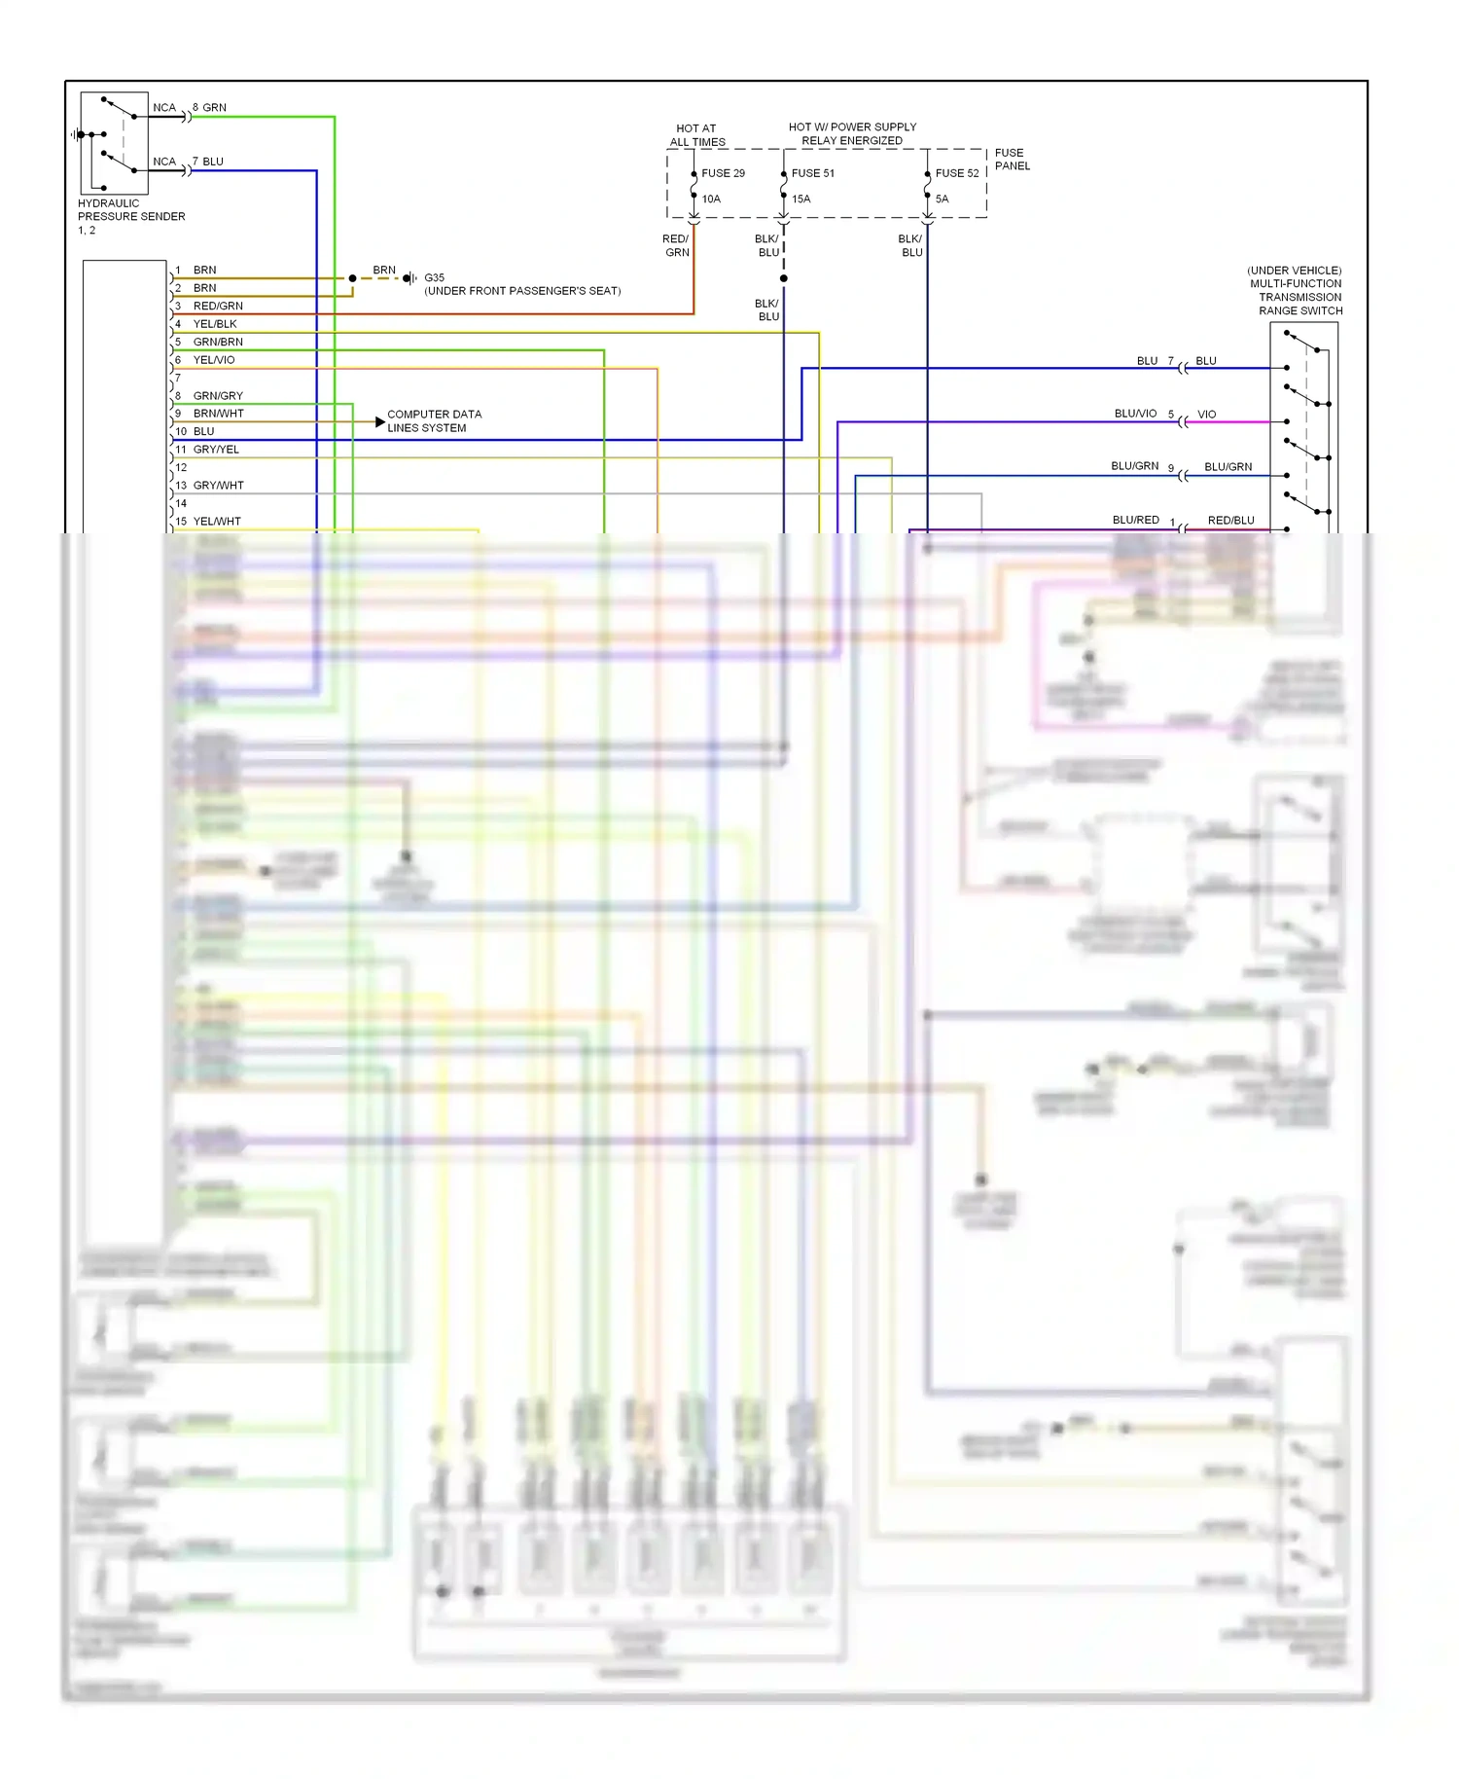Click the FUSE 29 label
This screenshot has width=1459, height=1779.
point(723,173)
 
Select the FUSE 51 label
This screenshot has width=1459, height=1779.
point(812,173)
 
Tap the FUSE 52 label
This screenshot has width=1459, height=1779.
point(956,173)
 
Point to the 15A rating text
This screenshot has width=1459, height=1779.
point(801,200)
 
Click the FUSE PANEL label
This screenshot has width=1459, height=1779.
point(1012,160)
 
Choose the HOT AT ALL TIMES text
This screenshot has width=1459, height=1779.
point(696,135)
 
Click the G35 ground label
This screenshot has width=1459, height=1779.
point(434,277)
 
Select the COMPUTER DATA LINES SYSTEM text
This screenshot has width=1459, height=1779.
point(434,420)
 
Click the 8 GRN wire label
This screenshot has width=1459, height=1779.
point(209,107)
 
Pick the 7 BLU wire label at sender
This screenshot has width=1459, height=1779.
point(208,162)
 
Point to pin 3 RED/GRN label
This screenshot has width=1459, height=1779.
point(217,306)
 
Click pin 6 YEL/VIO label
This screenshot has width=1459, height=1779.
point(213,360)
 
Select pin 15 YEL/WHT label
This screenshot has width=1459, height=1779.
point(216,522)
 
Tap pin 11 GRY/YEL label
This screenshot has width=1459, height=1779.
point(215,450)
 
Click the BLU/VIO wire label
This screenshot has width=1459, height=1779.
point(1135,414)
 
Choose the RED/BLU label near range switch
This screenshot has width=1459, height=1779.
point(1230,521)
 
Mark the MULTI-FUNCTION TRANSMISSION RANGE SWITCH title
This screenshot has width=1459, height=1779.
point(1295,291)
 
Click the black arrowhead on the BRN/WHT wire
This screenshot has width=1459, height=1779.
point(379,421)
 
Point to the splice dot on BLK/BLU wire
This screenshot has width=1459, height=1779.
point(783,278)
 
